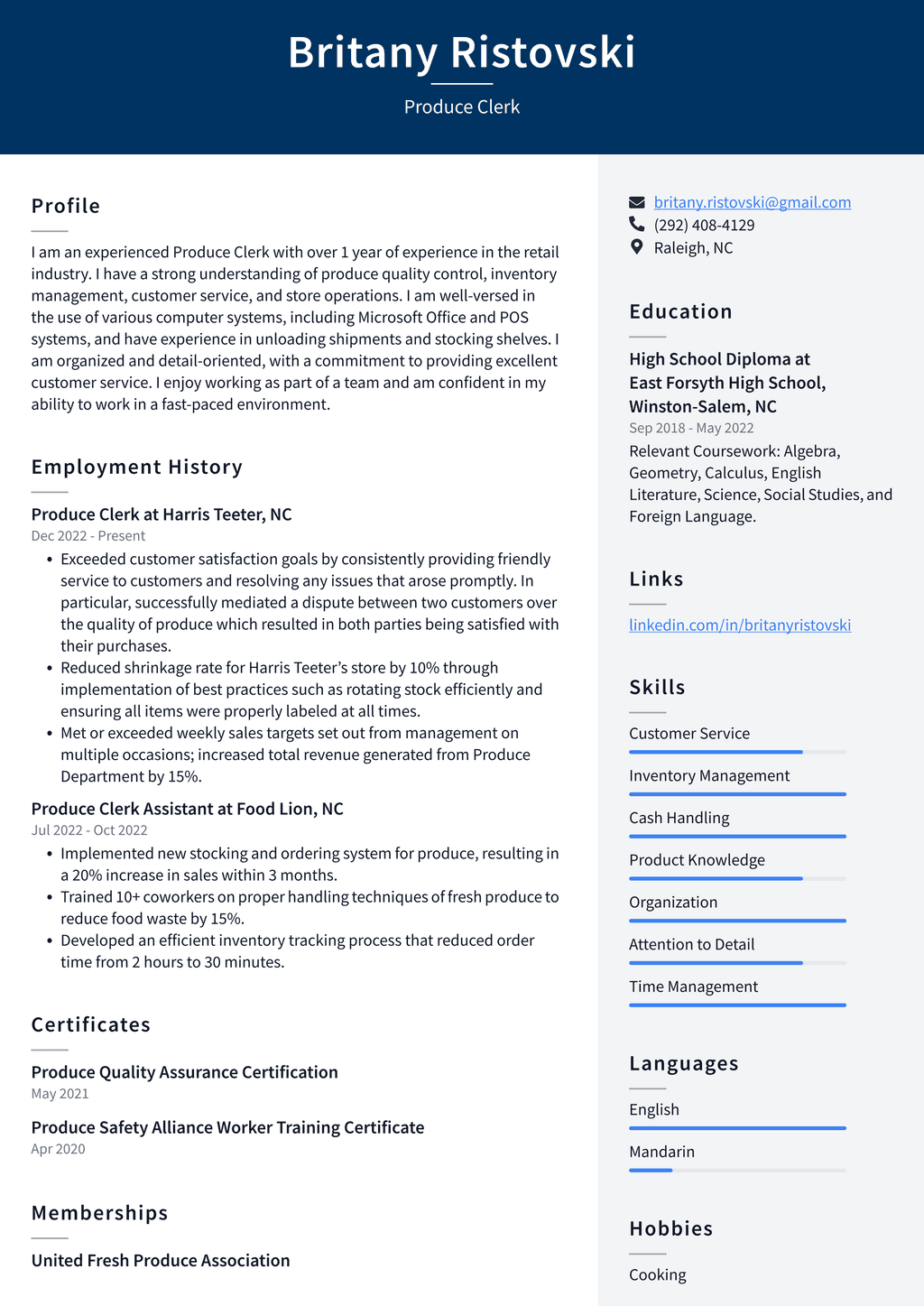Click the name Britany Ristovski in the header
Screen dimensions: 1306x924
461,52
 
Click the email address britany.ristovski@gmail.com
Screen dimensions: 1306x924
752,202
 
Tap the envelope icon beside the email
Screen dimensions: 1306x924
637,202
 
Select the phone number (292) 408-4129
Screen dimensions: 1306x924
704,225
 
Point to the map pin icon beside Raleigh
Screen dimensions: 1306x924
637,247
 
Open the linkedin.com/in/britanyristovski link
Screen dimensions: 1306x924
739,625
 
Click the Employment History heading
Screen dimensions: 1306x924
137,467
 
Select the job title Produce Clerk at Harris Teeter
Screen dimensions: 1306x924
162,514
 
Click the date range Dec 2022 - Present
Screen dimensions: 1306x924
88,536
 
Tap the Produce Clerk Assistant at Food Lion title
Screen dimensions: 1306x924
187,809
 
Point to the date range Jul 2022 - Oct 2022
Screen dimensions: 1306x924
89,830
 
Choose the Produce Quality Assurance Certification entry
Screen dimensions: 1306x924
184,1072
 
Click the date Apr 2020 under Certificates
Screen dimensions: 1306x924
58,1149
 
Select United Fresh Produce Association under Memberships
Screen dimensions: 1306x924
161,1260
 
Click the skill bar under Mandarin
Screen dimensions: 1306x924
737,1170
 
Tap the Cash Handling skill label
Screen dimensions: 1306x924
679,818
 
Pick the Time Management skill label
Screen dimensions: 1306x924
693,986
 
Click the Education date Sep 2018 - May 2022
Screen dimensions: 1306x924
691,428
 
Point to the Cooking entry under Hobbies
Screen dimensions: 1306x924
657,1274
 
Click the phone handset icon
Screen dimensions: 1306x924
637,224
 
